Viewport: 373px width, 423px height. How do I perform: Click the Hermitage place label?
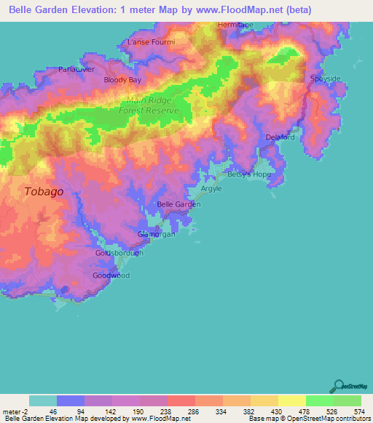(235, 25)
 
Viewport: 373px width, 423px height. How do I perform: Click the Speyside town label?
(325, 78)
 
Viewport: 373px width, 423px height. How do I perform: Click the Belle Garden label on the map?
(178, 204)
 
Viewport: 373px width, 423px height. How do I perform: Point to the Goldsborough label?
(119, 253)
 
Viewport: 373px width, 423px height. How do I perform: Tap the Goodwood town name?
(111, 276)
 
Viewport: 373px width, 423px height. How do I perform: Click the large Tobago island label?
(43, 192)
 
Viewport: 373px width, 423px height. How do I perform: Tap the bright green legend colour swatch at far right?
(348, 400)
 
